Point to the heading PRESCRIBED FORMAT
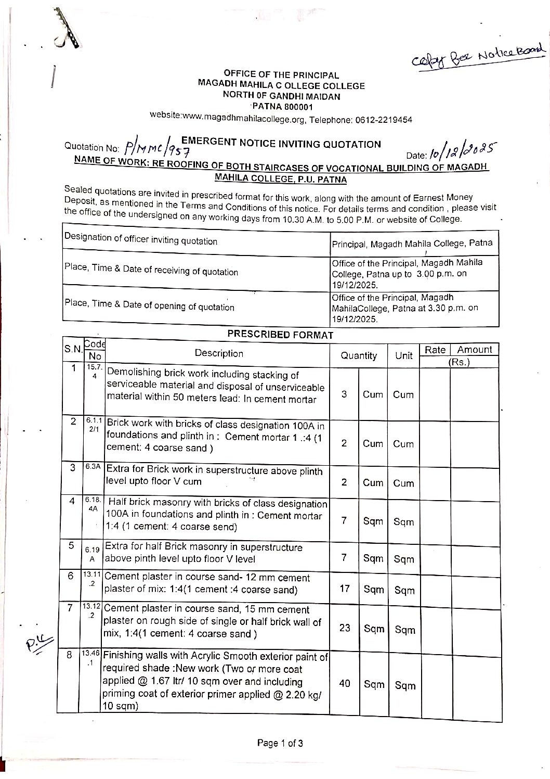pos(280,335)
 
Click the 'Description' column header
pos(218,353)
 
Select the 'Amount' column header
pos(474,350)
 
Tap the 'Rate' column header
pos(435,350)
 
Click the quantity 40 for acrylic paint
pos(345,683)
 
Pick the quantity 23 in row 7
pos(345,628)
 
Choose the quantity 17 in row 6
pos(344,589)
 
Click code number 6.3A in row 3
pos(93,467)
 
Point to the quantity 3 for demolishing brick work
pos(344,394)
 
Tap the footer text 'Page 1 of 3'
pos(280,743)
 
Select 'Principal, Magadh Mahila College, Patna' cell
pos(412,244)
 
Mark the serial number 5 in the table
pos(71,546)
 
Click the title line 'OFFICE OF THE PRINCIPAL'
pos(281,75)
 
